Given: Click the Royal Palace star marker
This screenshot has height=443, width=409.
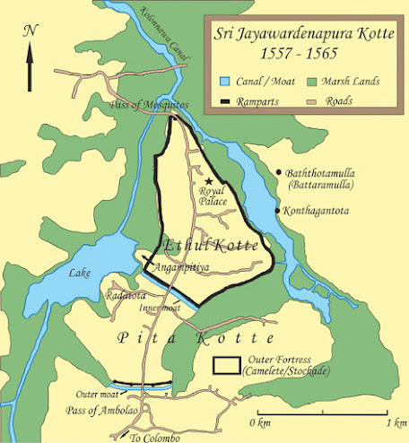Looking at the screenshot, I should click(209, 181).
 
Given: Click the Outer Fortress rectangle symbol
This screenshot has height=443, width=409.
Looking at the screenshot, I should click(226, 366).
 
